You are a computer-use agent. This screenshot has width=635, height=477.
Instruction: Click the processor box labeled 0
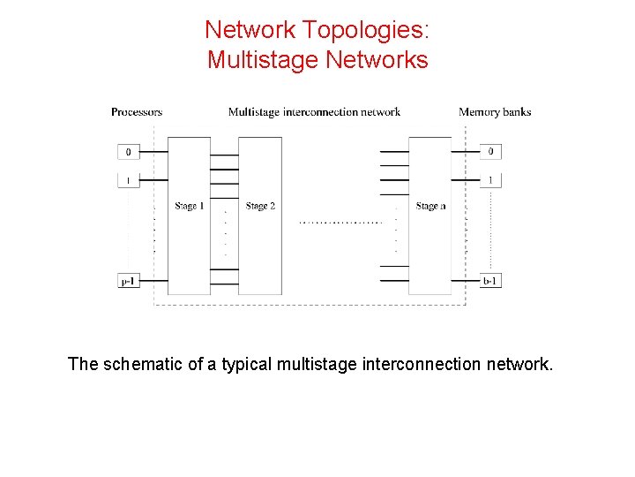[128, 152]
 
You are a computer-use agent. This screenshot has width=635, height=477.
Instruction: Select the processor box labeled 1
[128, 180]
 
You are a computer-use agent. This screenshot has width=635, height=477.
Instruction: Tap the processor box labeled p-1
[128, 281]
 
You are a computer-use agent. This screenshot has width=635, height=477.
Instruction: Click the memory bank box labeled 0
[489, 152]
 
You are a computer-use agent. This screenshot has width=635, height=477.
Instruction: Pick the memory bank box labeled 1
[489, 180]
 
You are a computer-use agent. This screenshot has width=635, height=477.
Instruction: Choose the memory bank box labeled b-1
[489, 281]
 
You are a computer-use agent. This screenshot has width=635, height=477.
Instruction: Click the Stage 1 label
[189, 206]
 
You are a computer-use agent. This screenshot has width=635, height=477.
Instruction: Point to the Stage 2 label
[260, 206]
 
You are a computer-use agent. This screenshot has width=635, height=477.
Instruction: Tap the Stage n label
[430, 206]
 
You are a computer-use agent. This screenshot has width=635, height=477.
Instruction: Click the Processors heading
[137, 112]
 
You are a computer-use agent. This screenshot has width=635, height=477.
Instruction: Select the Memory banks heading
[495, 112]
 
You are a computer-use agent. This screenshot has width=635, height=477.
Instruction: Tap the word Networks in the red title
[377, 60]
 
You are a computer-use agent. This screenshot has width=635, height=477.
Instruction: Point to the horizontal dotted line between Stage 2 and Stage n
[341, 223]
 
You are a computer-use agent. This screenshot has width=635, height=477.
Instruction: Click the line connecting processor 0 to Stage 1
[153, 152]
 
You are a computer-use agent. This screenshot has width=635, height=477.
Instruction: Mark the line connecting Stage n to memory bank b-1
[465, 281]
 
